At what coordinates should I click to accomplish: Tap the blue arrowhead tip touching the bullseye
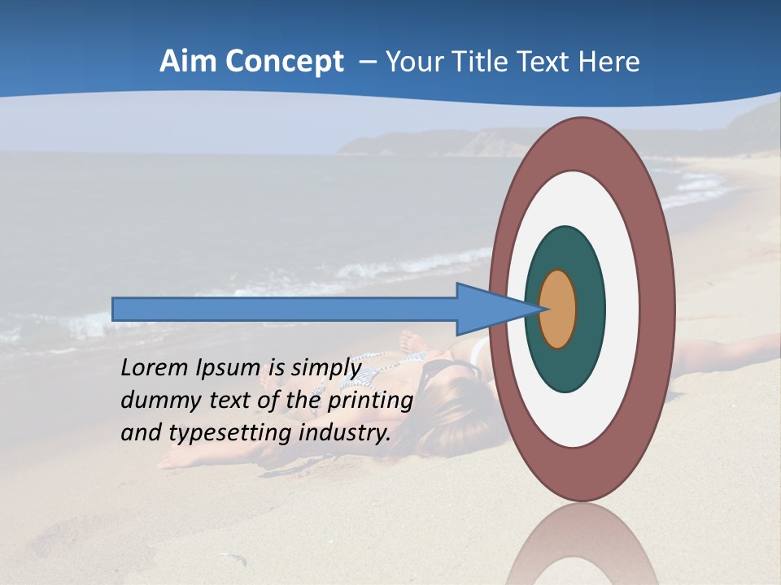[540, 309]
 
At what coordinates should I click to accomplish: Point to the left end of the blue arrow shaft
[115, 309]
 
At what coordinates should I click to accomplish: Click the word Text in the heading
[550, 62]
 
